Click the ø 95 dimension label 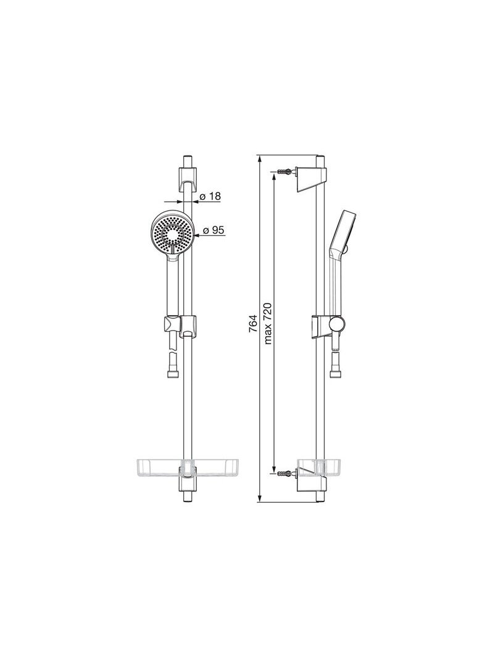[x=214, y=230]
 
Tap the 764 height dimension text [x=253, y=324]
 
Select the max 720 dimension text [x=268, y=323]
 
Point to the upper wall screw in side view [x=286, y=171]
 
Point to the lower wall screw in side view [x=286, y=474]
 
